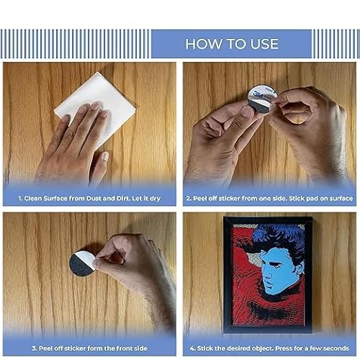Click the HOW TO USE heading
coord(231,44)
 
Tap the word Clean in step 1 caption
coord(33,196)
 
